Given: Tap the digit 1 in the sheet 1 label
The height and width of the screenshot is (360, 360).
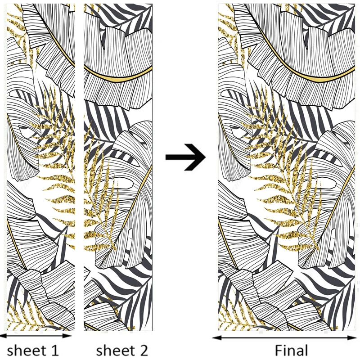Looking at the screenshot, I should (x=54, y=350).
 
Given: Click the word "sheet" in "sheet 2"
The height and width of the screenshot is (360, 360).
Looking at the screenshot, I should (x=114, y=350).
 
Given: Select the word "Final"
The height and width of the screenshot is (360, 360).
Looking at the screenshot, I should (x=292, y=351).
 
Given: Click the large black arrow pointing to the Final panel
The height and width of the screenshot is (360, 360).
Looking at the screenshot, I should (x=185, y=157).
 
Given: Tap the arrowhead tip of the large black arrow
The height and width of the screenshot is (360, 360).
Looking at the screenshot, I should (x=205, y=157).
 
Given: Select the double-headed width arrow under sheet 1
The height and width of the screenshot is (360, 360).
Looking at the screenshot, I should (x=36, y=335).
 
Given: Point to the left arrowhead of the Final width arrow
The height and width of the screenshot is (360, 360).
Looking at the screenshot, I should (x=215, y=337).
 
